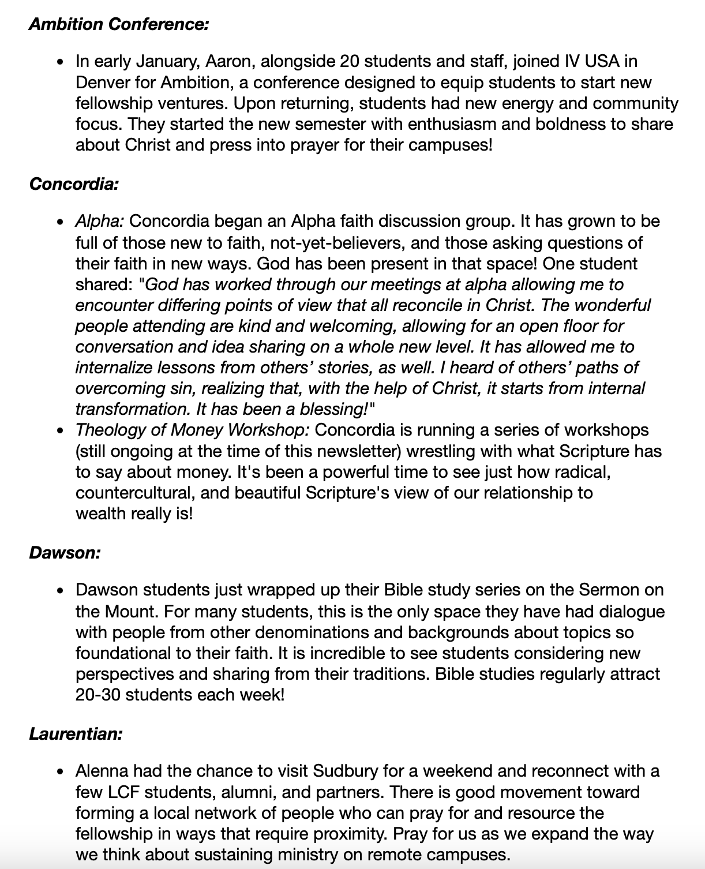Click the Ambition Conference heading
click(118, 24)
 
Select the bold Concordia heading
click(74, 184)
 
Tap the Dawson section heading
click(65, 553)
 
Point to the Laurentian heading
click(76, 734)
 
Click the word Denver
click(101, 83)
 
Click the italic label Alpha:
click(100, 222)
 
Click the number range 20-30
click(97, 694)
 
